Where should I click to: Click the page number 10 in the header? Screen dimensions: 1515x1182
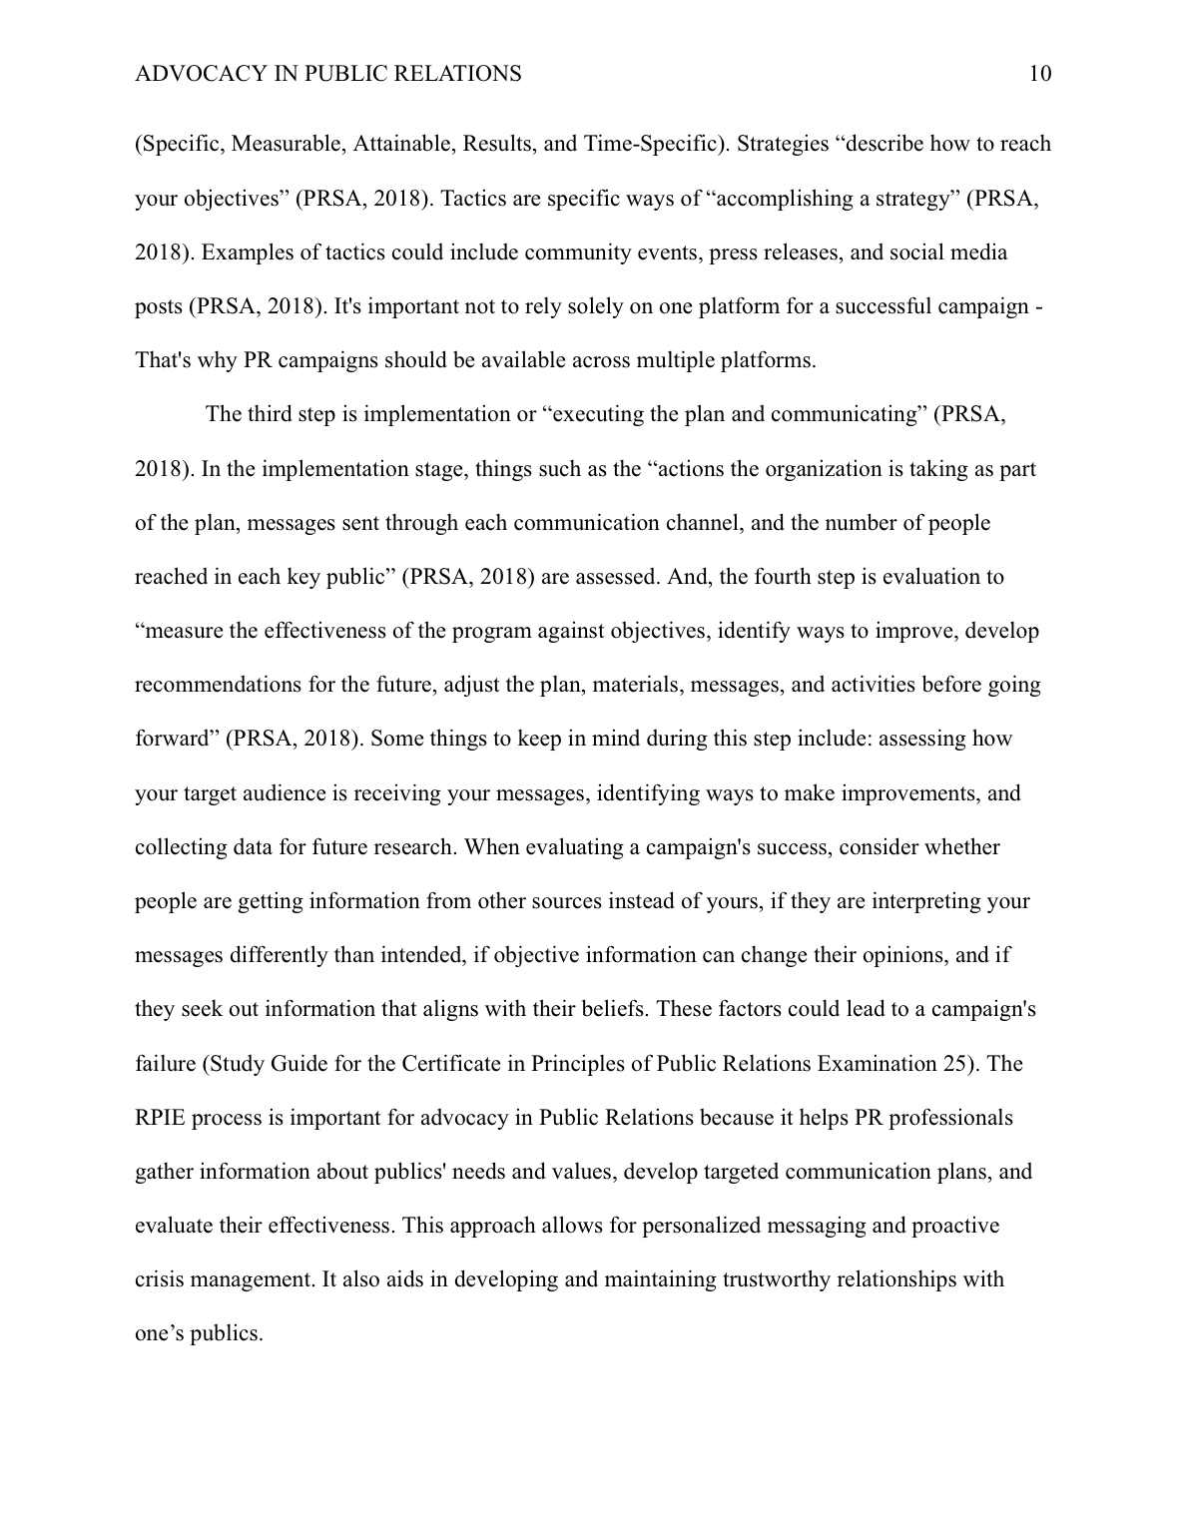[1038, 74]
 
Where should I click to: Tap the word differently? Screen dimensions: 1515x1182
[280, 955]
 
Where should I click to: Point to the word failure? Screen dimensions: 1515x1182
[165, 1063]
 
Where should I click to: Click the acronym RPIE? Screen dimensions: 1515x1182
[160, 1117]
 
